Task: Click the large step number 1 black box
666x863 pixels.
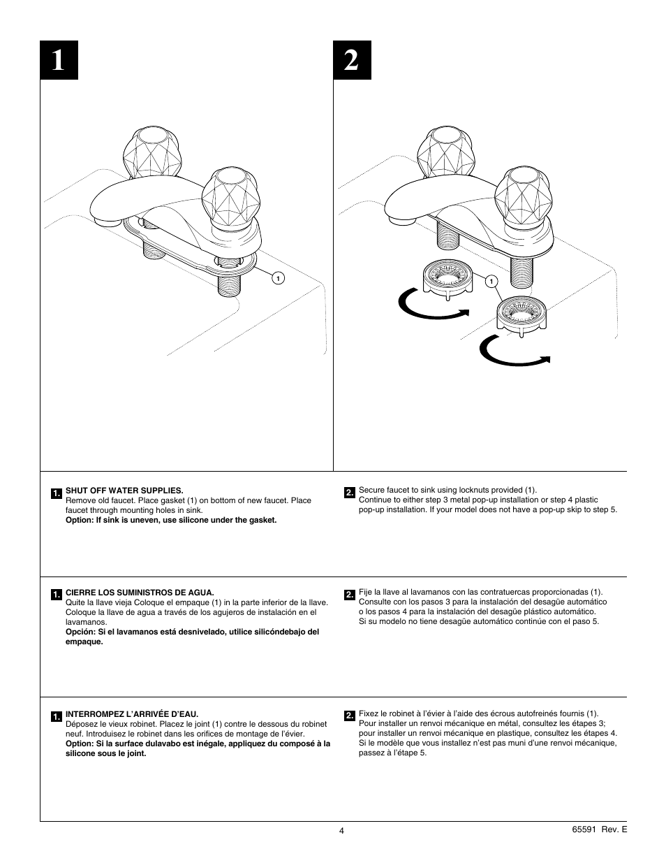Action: coord(59,61)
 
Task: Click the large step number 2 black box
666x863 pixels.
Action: coord(353,61)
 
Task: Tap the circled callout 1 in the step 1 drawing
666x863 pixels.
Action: coord(278,279)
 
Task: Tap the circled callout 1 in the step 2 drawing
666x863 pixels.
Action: coord(491,282)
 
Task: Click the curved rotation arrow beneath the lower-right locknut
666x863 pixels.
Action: coord(514,354)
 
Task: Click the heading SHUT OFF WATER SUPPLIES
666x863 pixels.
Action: coord(124,491)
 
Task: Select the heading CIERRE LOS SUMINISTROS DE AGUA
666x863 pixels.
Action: coord(140,592)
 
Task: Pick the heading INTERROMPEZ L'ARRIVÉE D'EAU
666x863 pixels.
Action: coord(132,714)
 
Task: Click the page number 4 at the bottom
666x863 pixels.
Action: coord(341,831)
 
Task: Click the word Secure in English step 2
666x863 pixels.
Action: coord(372,491)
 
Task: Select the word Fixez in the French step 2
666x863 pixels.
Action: coord(369,713)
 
